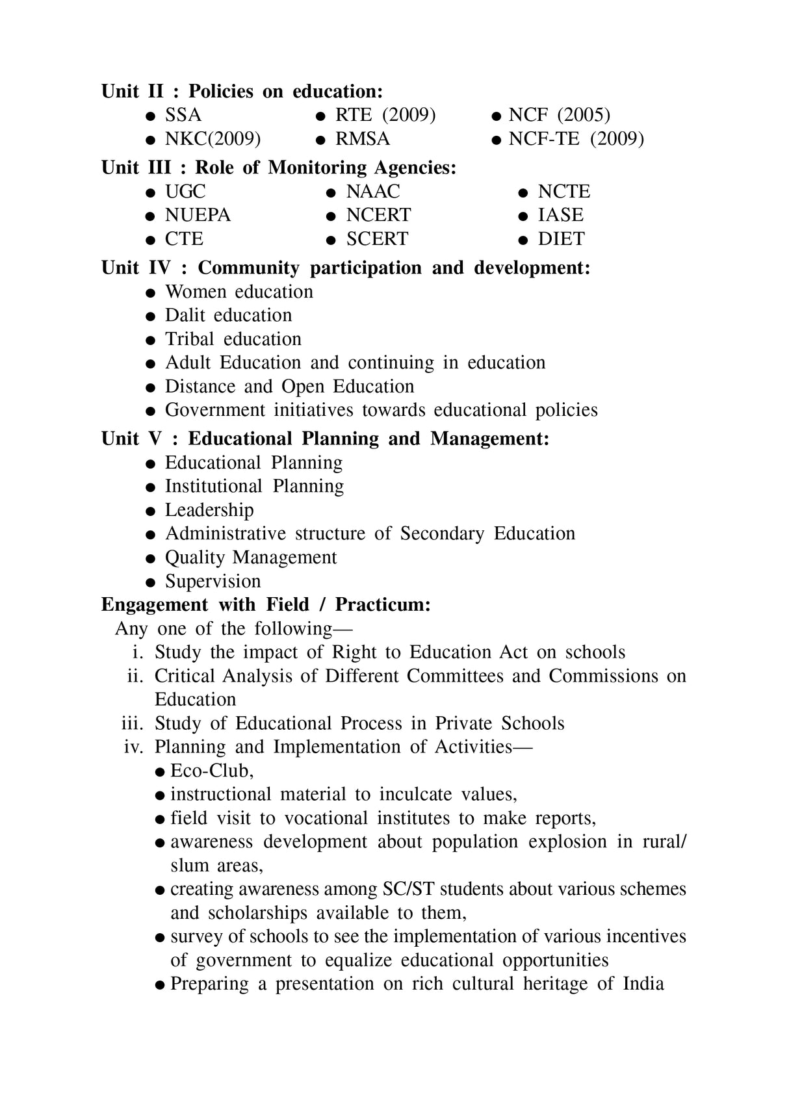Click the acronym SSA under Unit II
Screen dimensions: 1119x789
[183, 115]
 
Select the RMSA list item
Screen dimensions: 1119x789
[362, 139]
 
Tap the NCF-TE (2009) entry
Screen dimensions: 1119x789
[576, 139]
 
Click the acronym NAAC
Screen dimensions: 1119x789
[372, 192]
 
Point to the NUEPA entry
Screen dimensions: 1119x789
[198, 215]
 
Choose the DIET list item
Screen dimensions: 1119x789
[561, 239]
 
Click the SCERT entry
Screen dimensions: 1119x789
[377, 239]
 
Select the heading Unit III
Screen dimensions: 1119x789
[136, 168]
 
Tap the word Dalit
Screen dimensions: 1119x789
[185, 315]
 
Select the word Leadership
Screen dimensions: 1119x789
[209, 510]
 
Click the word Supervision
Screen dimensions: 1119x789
[213, 581]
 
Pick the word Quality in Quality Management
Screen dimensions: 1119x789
[194, 558]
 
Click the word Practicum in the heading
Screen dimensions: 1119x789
[382, 605]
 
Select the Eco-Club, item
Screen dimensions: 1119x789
[211, 771]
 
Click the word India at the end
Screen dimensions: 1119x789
[643, 984]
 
